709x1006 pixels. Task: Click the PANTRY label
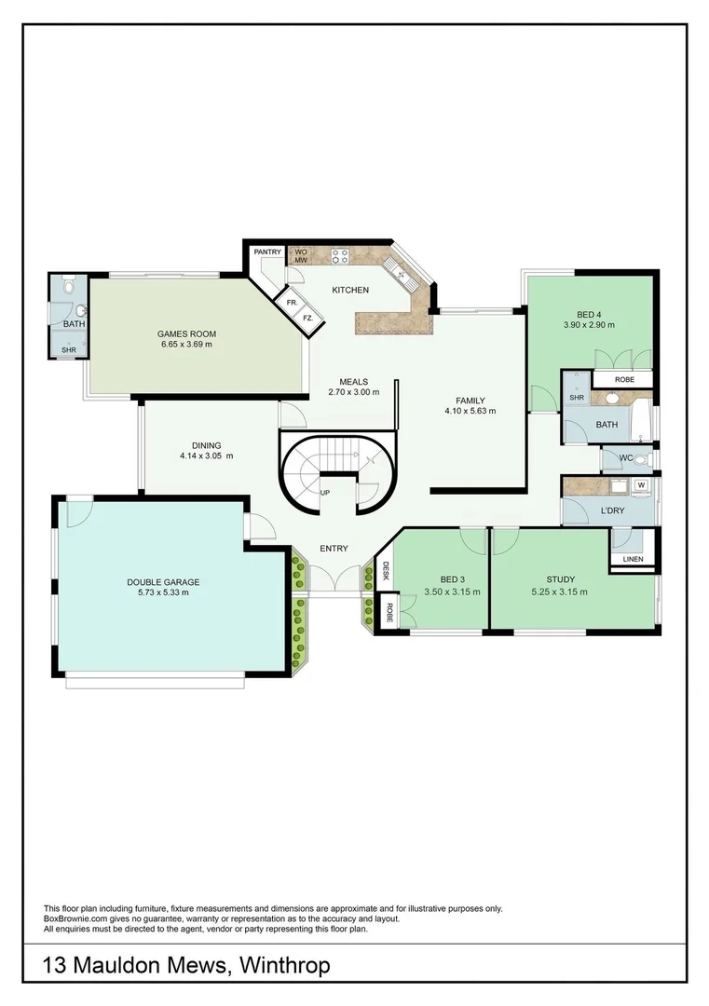267,251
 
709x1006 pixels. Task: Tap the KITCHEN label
350,290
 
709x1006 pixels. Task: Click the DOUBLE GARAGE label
163,582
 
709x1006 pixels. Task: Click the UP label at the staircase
324,492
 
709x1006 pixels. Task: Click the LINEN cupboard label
633,559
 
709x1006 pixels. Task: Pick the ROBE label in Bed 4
624,380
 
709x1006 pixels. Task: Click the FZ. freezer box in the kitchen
307,319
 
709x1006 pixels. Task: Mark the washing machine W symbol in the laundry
641,484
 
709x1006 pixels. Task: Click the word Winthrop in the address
282,966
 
